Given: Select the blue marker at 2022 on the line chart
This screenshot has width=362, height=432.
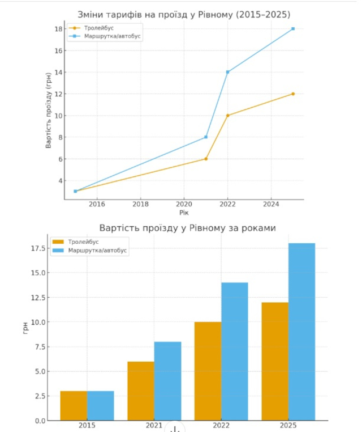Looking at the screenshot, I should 228,72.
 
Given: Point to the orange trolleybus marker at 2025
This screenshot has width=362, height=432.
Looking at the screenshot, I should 293,94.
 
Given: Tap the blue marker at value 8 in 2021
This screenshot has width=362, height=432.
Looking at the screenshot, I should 206,137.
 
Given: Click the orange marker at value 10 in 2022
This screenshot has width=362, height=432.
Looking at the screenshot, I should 228,116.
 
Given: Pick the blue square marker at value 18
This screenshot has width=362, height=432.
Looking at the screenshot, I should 293,28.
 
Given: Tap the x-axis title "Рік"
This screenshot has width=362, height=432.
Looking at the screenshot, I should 184,213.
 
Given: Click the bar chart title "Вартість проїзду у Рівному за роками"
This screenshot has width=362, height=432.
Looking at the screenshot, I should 187,228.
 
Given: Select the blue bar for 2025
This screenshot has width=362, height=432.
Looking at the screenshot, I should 301,332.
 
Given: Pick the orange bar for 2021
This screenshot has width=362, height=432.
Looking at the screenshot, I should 141,391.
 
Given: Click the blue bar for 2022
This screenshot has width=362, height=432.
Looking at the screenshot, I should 234,351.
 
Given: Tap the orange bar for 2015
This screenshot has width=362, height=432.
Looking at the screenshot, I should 74,406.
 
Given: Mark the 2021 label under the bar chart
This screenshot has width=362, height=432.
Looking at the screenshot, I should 154,425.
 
